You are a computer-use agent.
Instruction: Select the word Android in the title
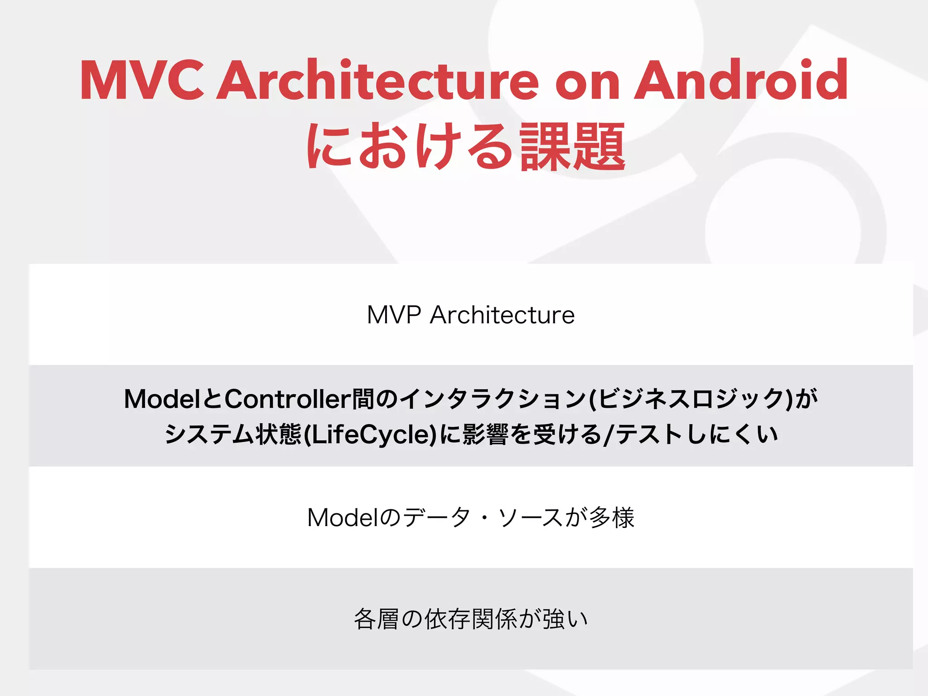coord(741,81)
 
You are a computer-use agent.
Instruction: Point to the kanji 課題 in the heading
coord(573,147)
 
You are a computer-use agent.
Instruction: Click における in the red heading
coord(410,147)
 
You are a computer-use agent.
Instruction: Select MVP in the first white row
coord(394,315)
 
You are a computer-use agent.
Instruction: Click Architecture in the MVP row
coord(502,315)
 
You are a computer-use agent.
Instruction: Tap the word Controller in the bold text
coord(288,399)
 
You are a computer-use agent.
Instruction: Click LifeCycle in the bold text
coord(370,435)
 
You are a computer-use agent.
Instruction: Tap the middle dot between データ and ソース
coord(484,518)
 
